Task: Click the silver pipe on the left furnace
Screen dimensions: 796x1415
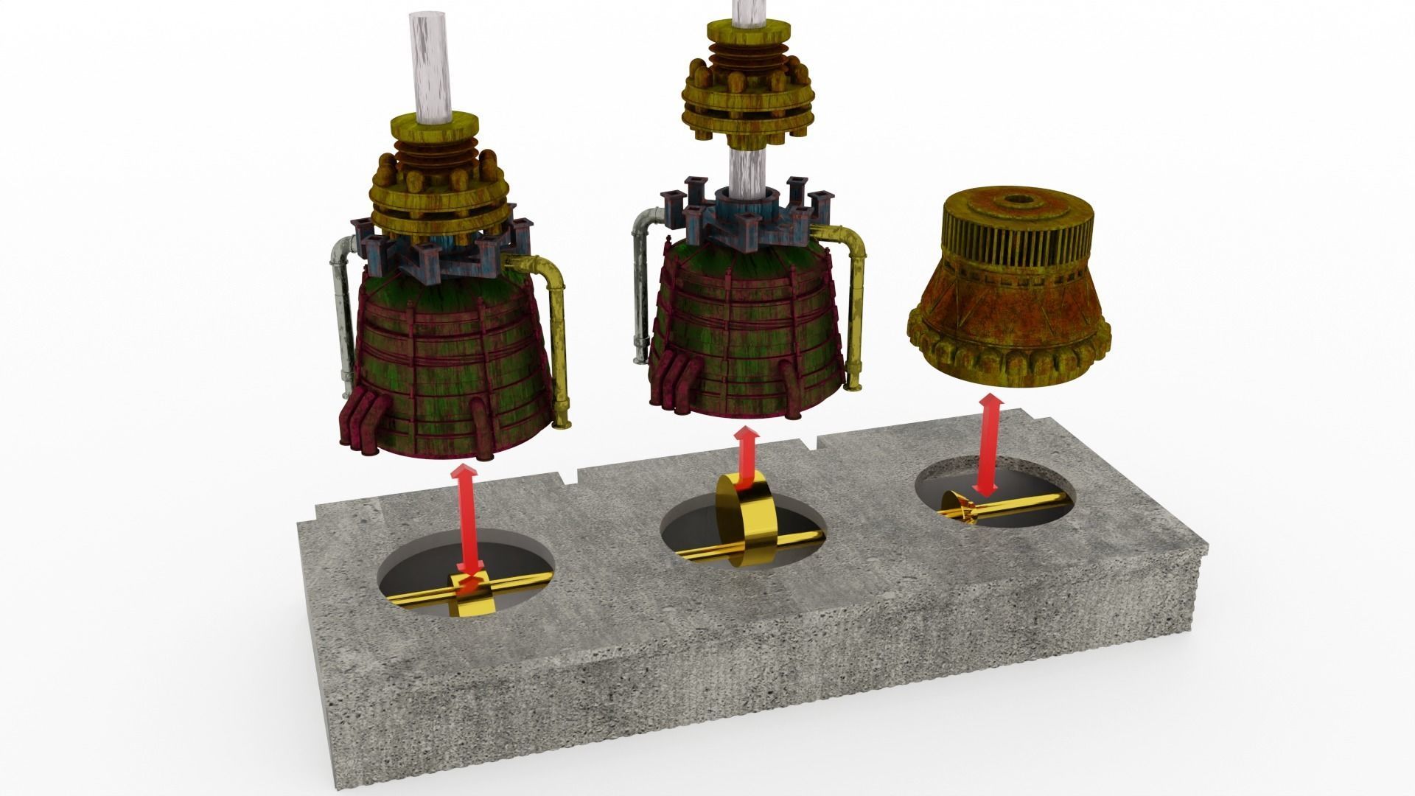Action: coord(341,310)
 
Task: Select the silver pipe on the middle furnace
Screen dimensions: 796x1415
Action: coord(640,287)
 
